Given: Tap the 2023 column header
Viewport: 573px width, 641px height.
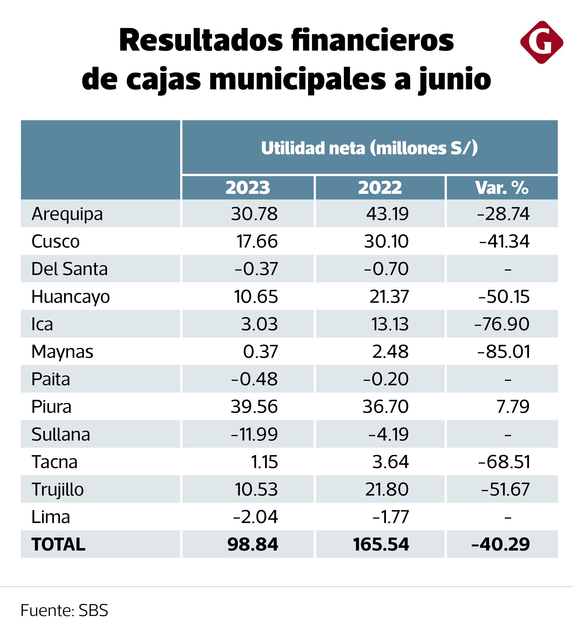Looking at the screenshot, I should click(x=248, y=188).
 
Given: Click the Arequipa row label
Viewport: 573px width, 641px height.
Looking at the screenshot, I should click(x=67, y=214).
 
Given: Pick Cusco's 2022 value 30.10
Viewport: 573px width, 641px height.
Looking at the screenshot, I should click(x=386, y=241).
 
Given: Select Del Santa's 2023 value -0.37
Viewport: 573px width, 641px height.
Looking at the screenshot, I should click(x=256, y=269).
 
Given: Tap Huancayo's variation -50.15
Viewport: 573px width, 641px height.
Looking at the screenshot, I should click(x=504, y=296).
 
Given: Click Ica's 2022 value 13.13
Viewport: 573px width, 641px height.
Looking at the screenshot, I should click(x=390, y=324).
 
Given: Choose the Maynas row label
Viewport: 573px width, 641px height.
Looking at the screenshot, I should click(x=62, y=351).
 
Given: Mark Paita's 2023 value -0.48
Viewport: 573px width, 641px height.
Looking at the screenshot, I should click(x=254, y=379).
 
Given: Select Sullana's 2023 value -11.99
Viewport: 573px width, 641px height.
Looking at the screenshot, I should click(x=254, y=434).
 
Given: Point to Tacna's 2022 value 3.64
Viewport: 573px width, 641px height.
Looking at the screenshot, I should click(x=390, y=462).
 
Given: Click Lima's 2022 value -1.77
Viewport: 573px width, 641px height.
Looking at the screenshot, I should click(x=390, y=517).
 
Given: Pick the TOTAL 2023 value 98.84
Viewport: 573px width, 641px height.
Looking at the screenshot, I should click(x=253, y=544).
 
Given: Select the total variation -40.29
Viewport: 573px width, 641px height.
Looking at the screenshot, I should click(x=501, y=544).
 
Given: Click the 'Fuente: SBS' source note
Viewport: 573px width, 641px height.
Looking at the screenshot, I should click(x=64, y=610).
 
